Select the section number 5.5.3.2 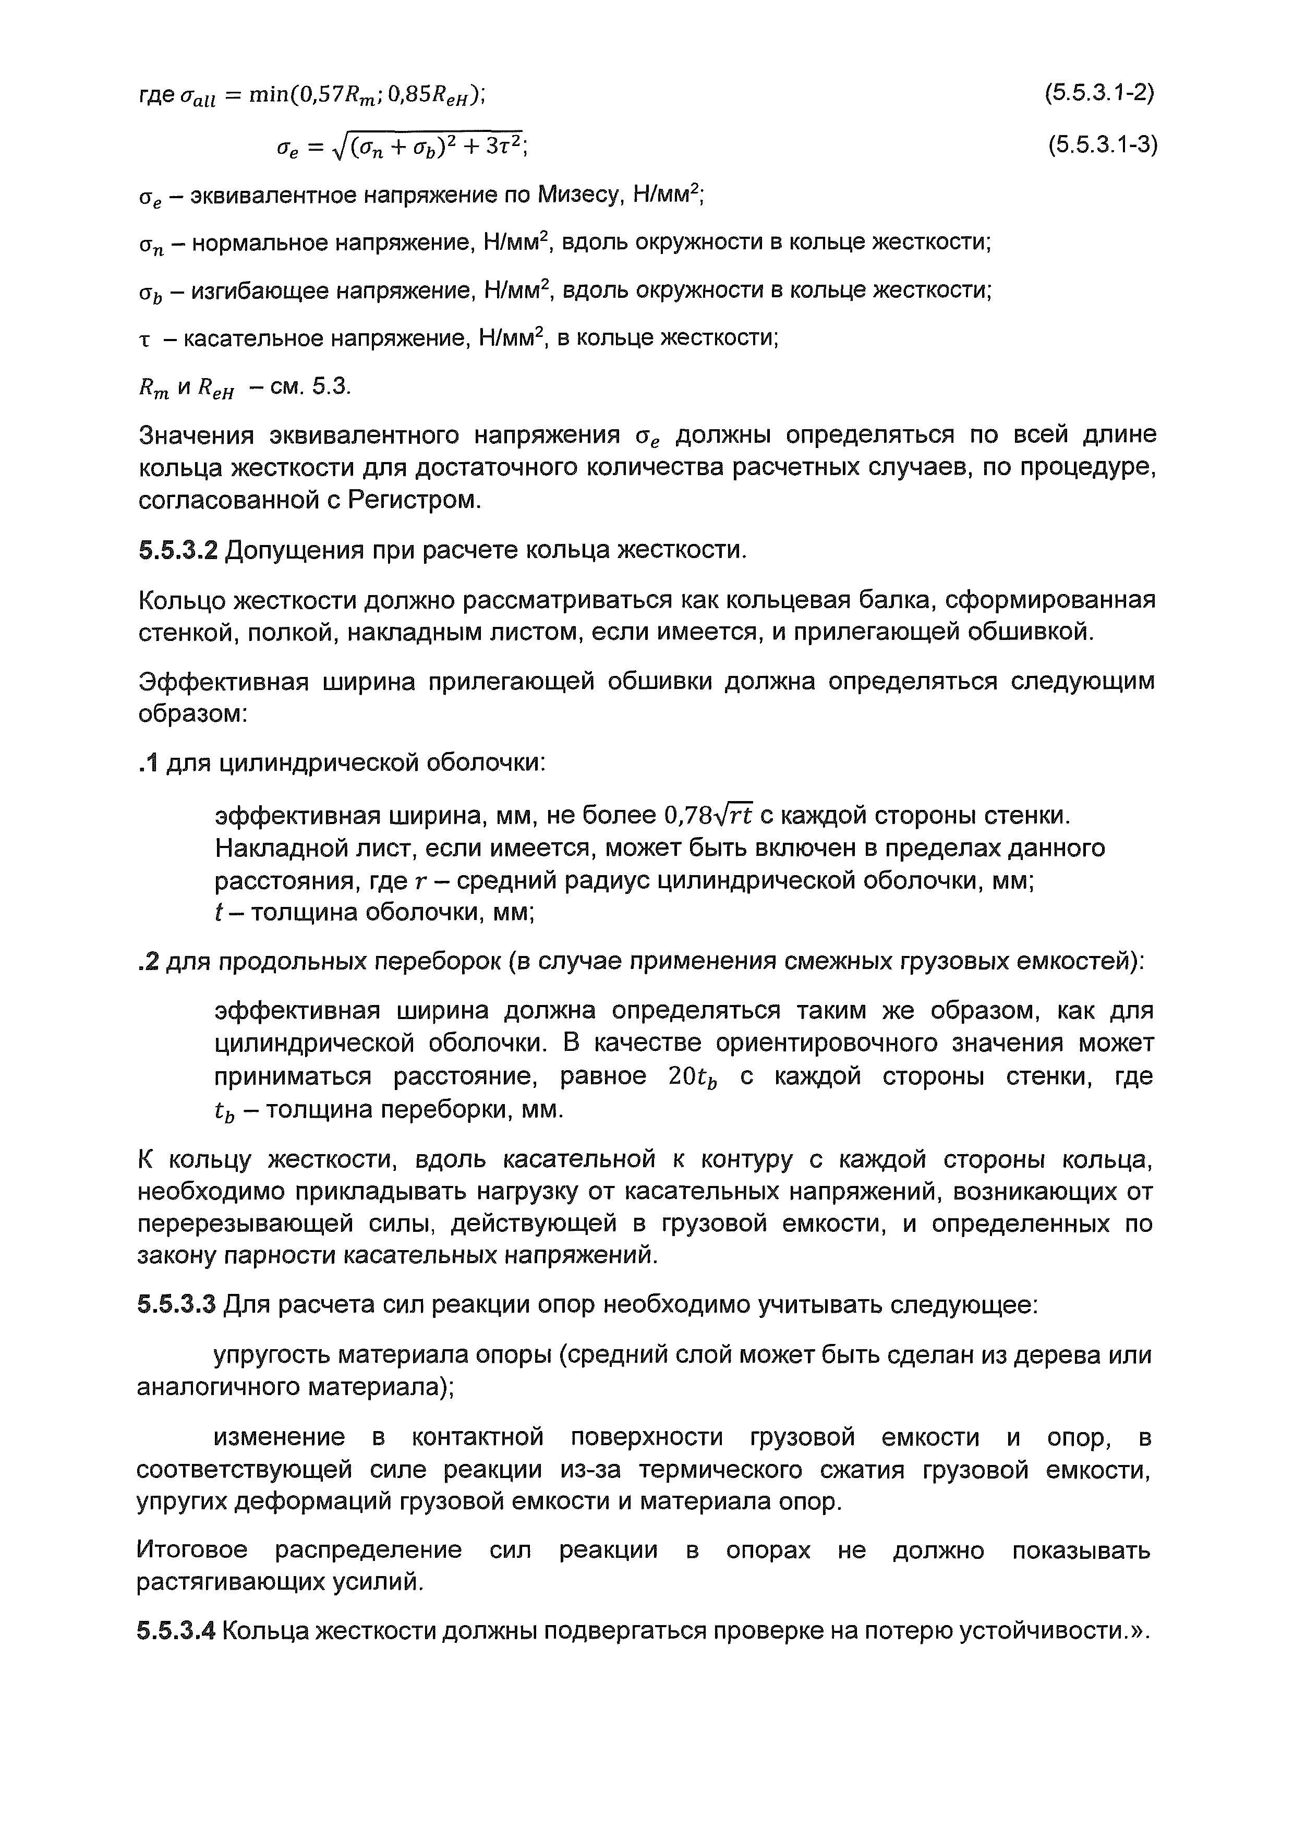pos(177,550)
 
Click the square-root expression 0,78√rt pos(708,816)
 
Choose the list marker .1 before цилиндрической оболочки pos(149,763)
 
